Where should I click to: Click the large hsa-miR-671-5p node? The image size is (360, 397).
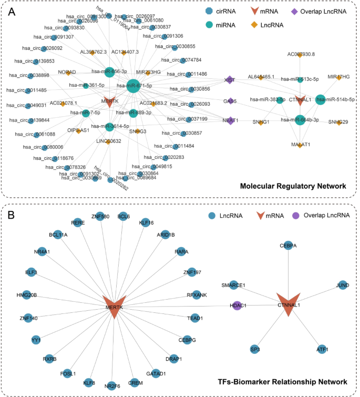click(x=133, y=86)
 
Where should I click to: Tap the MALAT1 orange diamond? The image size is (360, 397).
click(x=300, y=145)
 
